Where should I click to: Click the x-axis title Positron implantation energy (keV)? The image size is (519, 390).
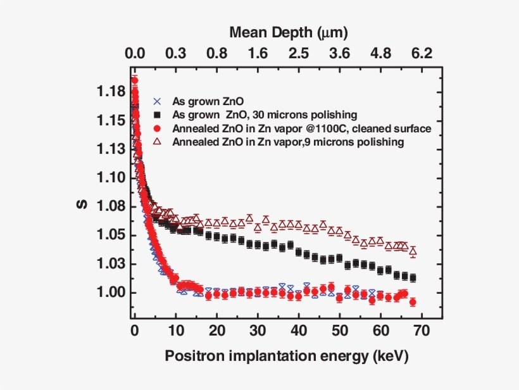click(287, 356)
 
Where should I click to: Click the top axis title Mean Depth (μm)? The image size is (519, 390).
click(289, 31)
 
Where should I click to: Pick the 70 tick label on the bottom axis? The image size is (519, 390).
click(422, 330)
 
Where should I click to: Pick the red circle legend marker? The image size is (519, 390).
click(158, 129)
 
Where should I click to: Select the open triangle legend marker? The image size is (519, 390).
click(158, 142)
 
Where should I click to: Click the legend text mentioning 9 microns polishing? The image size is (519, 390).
click(288, 142)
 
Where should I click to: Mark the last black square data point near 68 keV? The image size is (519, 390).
click(413, 277)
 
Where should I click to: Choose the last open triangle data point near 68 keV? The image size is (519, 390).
click(413, 251)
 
